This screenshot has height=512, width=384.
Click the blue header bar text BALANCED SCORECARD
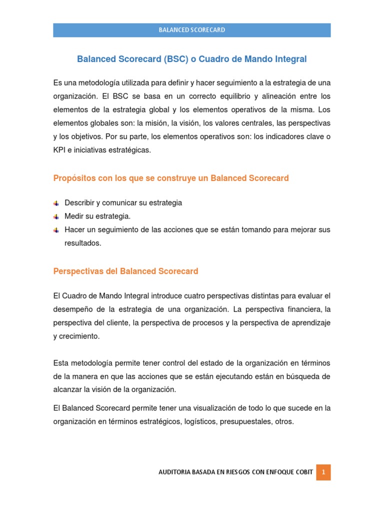point(192,30)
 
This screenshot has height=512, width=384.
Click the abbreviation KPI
point(60,150)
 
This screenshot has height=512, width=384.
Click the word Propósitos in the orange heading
point(72,178)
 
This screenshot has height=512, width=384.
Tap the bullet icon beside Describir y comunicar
point(56,203)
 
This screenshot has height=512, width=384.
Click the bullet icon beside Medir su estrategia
point(56,216)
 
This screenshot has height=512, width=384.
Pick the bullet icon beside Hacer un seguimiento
point(56,230)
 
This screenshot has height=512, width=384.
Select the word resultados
point(82,243)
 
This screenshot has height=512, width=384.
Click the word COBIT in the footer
point(303,472)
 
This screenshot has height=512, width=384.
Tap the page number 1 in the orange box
point(323,472)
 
